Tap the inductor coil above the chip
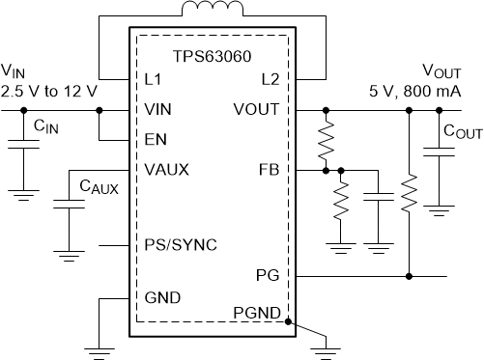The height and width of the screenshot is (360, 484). [213, 13]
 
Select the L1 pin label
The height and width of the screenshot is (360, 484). [153, 77]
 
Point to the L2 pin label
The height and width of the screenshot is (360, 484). [270, 77]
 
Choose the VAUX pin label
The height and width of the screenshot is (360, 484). [166, 170]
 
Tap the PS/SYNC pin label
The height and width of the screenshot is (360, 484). [180, 244]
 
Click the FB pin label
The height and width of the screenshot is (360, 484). [270, 170]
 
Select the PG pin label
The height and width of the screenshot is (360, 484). [270, 276]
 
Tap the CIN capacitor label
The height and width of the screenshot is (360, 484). [43, 125]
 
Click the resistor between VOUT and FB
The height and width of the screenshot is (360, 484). [326, 140]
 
